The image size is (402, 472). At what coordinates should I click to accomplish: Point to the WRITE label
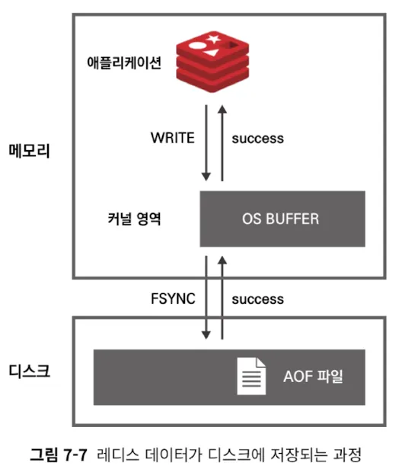[174, 138]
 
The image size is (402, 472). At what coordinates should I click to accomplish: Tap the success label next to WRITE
[257, 138]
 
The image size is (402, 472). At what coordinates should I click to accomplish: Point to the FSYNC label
[174, 298]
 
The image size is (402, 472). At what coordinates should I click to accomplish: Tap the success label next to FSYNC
[257, 298]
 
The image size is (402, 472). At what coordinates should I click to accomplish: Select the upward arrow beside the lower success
[222, 298]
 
